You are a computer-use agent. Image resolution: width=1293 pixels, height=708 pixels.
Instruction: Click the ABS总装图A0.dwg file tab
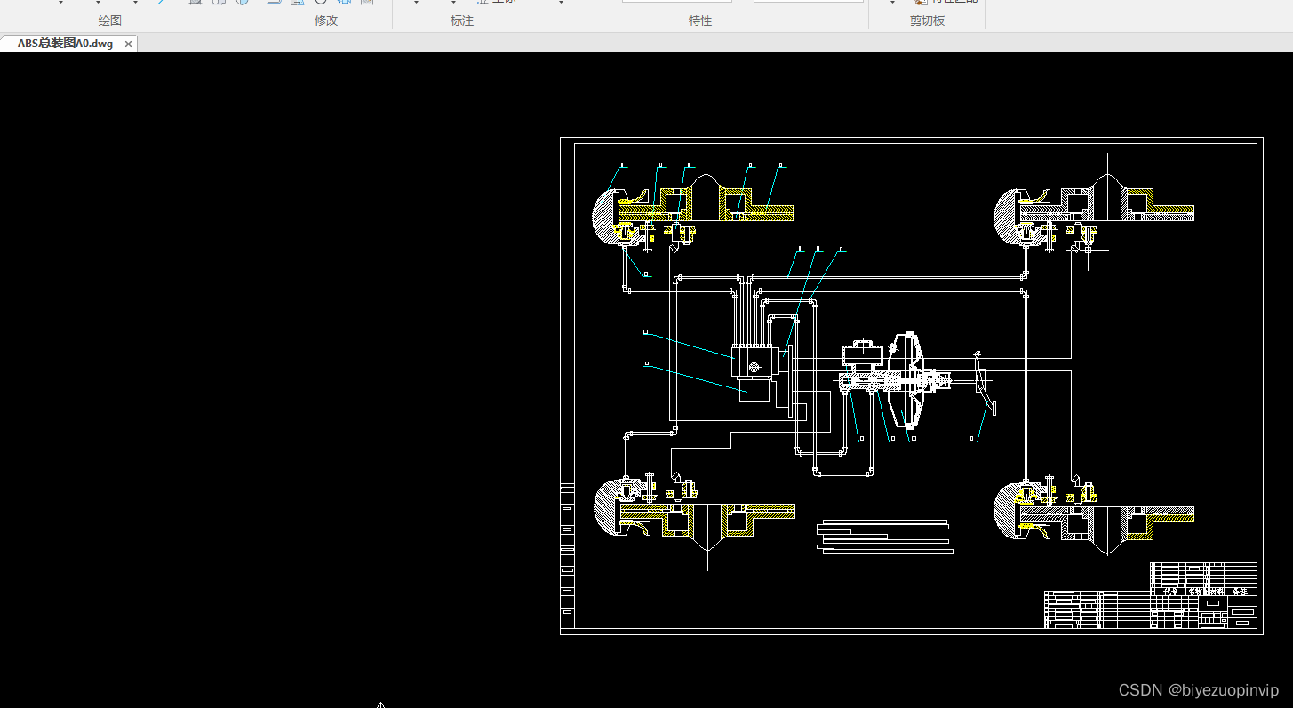point(65,44)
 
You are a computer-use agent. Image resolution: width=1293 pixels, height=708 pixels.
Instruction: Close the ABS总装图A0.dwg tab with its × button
point(128,44)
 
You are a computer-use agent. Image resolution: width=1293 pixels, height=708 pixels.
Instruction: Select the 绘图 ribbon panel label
point(110,20)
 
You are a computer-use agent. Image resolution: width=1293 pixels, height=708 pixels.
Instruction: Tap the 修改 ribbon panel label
point(326,20)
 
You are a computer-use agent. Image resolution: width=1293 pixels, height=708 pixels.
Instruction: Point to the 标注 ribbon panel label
point(462,20)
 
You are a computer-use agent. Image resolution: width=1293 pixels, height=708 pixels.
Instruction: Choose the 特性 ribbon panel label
point(700,20)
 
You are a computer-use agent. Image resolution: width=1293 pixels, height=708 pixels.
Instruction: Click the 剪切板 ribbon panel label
point(927,20)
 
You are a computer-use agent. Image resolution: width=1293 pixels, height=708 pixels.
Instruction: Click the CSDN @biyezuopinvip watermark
point(1198,690)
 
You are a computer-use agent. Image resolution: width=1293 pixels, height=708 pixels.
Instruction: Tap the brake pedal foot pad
point(992,407)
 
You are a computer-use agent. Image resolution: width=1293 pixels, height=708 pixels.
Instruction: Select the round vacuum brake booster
point(907,380)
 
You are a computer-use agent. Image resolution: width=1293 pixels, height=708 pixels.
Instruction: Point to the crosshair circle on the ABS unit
point(754,367)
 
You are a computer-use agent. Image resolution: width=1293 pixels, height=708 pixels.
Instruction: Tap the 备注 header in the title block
point(1240,591)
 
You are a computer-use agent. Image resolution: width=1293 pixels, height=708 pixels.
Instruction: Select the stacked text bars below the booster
point(884,537)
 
